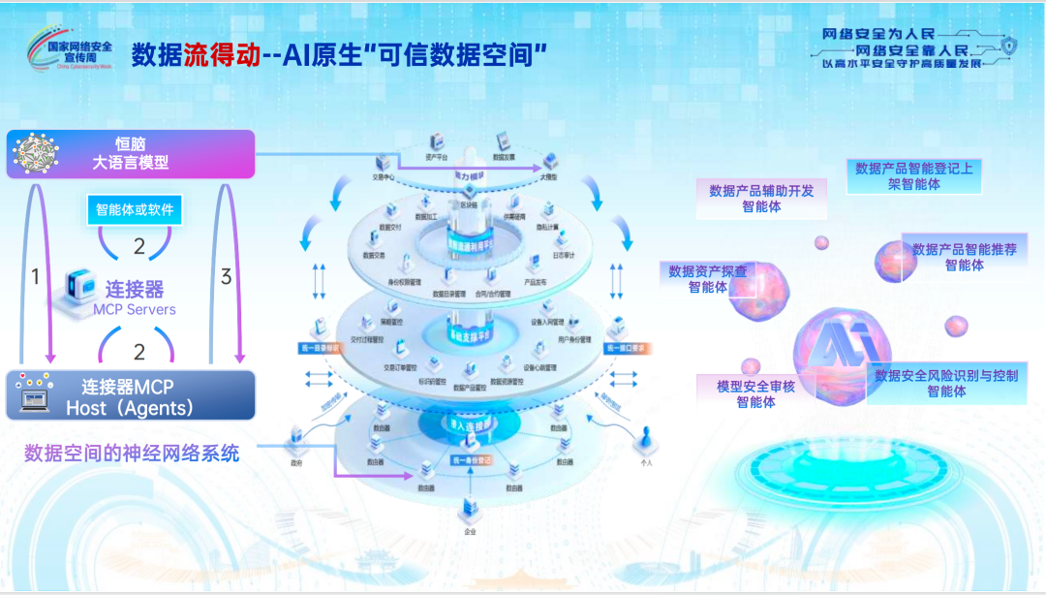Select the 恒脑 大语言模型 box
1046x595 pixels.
pyautogui.click(x=131, y=154)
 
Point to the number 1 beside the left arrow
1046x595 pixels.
pyautogui.click(x=36, y=277)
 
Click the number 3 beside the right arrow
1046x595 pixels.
pyautogui.click(x=226, y=277)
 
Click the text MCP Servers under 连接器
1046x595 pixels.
pyautogui.click(x=135, y=310)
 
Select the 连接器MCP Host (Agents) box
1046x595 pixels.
pyautogui.click(x=131, y=395)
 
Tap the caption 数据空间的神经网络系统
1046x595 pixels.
pyautogui.click(x=132, y=453)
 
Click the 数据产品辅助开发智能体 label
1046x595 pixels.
pyautogui.click(x=761, y=198)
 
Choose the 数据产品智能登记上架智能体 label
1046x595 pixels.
pyautogui.click(x=914, y=175)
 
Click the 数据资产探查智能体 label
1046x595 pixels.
pyautogui.click(x=708, y=279)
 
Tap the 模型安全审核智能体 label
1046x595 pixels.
pyautogui.click(x=755, y=393)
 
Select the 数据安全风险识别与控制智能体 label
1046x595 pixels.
pyautogui.click(x=945, y=383)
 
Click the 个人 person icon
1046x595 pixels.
pyautogui.click(x=646, y=444)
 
